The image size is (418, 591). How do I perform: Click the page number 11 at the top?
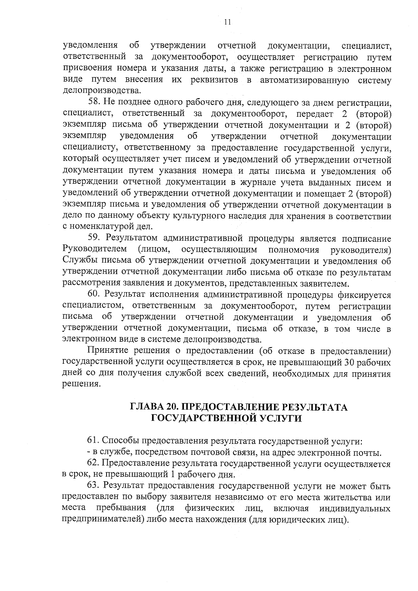[227, 22]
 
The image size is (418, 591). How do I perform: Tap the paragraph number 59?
[93, 239]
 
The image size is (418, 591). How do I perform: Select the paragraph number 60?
[93, 295]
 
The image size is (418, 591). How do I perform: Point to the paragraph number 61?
[92, 441]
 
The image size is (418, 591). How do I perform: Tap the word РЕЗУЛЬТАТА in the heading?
[316, 407]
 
